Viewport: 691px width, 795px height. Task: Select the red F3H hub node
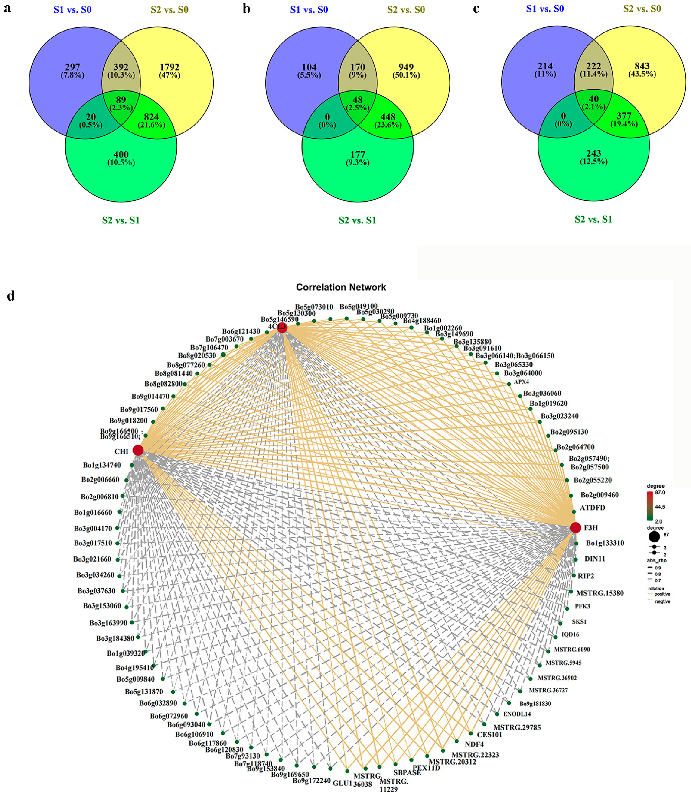tap(575, 527)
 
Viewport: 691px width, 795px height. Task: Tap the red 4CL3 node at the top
tap(282, 327)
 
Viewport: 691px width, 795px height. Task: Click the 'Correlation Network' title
tap(341, 287)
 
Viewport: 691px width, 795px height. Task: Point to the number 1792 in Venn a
tap(170, 67)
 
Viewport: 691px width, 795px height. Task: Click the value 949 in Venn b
tap(406, 67)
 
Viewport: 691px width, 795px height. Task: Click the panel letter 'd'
tap(11, 296)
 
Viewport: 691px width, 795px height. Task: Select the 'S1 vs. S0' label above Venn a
tap(72, 10)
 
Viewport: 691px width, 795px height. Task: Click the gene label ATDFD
tap(592, 507)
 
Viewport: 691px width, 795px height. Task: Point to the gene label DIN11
tap(595, 559)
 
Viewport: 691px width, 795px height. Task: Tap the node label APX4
tap(521, 382)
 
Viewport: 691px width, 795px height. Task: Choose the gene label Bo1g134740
tap(102, 465)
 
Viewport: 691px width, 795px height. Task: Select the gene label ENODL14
tap(517, 714)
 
